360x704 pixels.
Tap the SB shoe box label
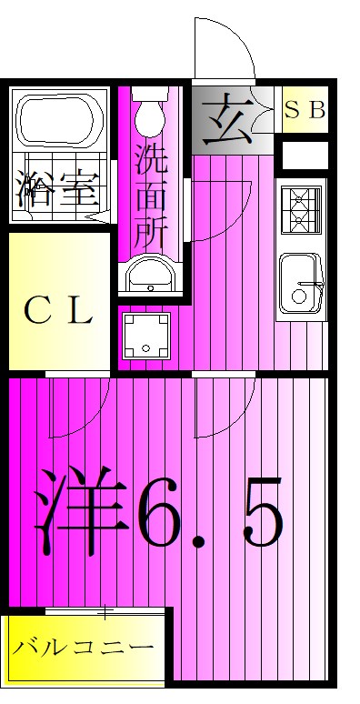pyautogui.click(x=305, y=110)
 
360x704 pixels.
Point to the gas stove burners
pyautogui.click(x=301, y=208)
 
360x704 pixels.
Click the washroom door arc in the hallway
pyautogui.click(x=218, y=209)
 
